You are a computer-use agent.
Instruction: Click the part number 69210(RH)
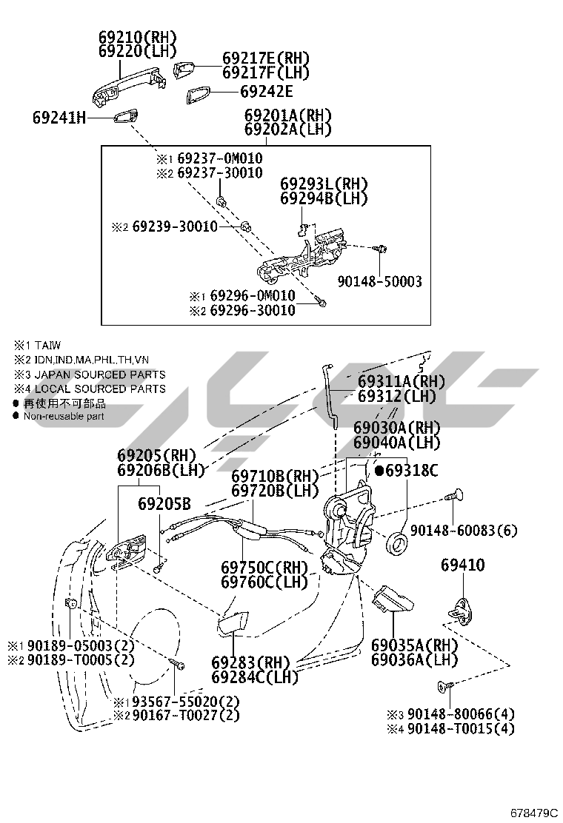[x=138, y=37]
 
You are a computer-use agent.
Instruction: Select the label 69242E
[x=266, y=92]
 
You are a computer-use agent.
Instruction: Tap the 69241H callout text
[x=59, y=117]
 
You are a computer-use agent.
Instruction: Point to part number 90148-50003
[x=379, y=281]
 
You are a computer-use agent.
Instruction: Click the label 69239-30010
[x=175, y=226]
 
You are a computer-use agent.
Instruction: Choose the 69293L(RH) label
[x=324, y=184]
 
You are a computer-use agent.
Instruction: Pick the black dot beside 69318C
[x=379, y=470]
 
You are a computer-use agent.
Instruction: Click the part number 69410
[x=463, y=565]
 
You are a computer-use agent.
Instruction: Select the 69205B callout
[x=164, y=504]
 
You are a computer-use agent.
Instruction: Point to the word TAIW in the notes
[x=47, y=345]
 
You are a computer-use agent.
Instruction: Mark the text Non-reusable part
[x=64, y=416]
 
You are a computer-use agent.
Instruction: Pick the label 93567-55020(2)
[x=177, y=701]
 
